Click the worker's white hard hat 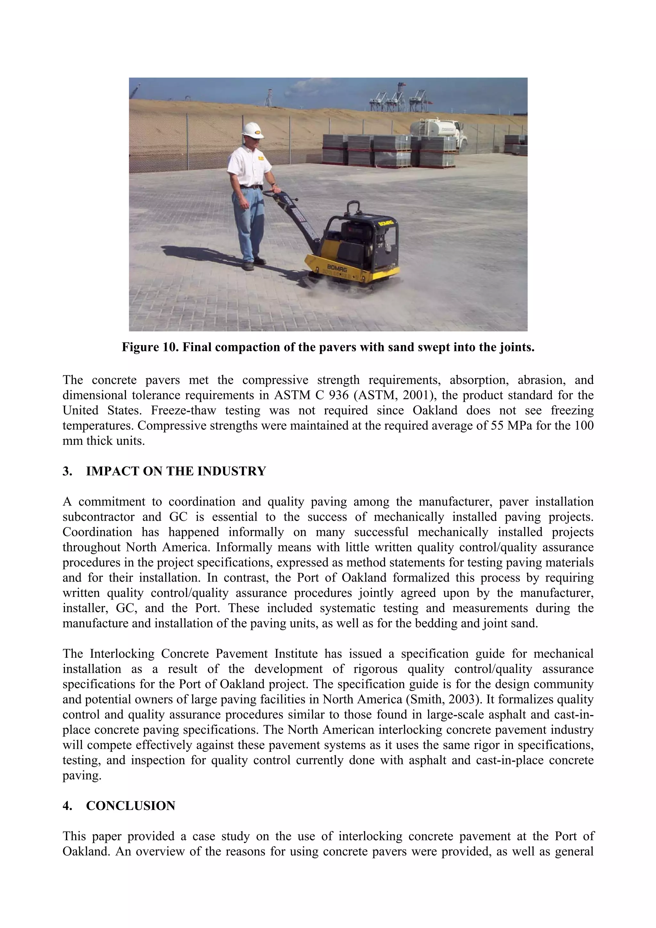tap(251, 130)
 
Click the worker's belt tap(250, 187)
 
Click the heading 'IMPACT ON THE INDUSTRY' tap(176, 471)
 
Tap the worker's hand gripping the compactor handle tap(276, 189)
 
